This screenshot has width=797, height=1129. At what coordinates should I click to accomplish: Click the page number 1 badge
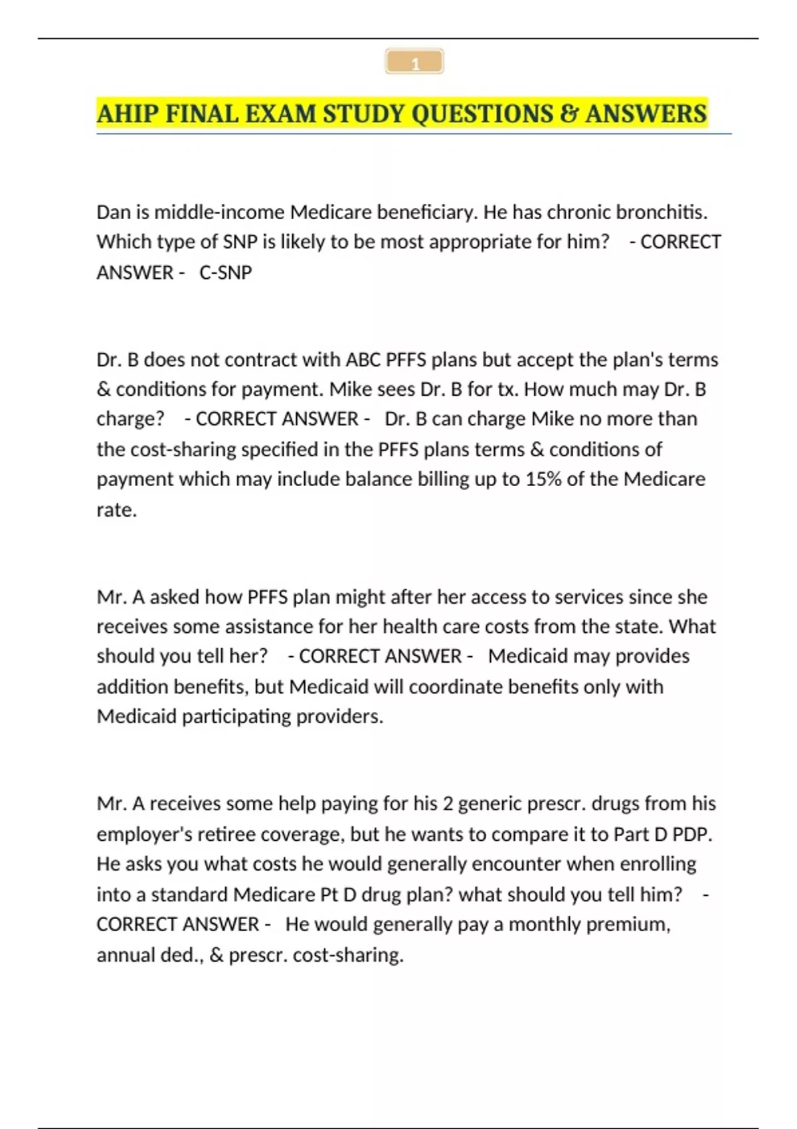pos(414,62)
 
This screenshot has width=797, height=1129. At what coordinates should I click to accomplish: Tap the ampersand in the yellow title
pos(569,114)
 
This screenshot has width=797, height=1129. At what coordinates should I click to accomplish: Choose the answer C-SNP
pos(226,272)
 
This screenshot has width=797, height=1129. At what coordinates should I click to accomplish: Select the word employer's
pos(137,833)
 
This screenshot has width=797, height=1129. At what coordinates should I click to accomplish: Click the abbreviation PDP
pos(691,833)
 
